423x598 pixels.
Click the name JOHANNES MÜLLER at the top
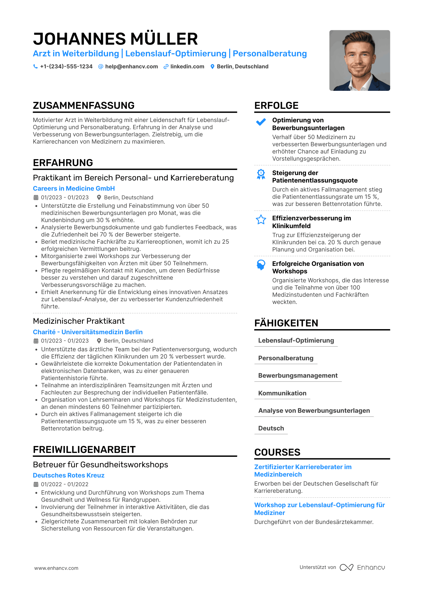(115, 39)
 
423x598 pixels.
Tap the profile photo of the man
(359, 60)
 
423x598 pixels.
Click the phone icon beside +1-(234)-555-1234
(35, 67)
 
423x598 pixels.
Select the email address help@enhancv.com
(131, 67)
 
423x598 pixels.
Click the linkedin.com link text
(187, 67)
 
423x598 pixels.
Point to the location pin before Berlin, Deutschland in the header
(212, 67)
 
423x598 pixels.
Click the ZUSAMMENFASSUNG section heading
(84, 106)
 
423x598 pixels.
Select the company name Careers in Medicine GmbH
(74, 189)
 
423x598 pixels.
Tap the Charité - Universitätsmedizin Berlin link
(88, 332)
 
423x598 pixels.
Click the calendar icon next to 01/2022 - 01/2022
(36, 484)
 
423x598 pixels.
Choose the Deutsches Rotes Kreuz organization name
(69, 475)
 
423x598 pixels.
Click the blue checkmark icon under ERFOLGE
(261, 122)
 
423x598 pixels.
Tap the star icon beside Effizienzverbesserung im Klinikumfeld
(261, 220)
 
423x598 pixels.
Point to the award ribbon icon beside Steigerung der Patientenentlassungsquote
(261, 174)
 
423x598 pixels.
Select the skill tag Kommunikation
(282, 393)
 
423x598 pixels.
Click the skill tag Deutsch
(271, 428)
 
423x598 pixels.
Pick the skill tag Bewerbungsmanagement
(298, 376)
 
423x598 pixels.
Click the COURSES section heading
(277, 452)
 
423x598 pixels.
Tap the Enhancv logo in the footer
(362, 567)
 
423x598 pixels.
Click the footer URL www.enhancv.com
(56, 568)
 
